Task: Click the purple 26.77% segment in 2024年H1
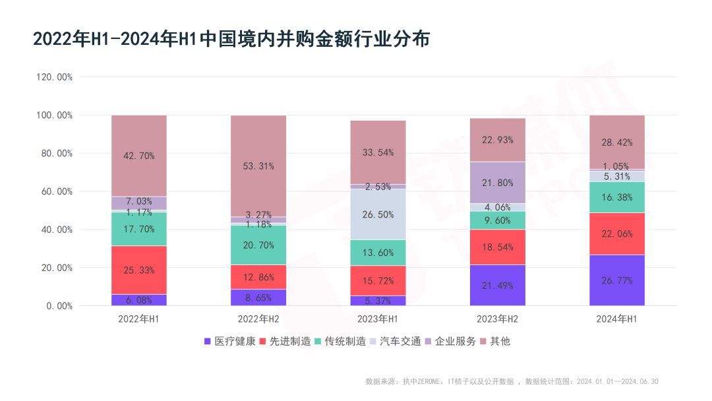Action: pos(616,280)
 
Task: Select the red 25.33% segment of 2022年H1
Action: pos(138,270)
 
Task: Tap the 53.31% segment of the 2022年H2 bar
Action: pos(258,166)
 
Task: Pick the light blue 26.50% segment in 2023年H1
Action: pos(378,214)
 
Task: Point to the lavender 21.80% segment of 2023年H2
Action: pos(497,183)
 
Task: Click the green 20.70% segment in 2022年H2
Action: pos(258,245)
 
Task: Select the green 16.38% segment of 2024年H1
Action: pos(616,197)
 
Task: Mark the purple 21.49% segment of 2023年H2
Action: pos(497,285)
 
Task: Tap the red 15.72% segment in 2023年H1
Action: pos(378,280)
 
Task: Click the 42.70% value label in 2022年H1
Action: pos(138,156)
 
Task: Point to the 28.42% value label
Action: pos(616,143)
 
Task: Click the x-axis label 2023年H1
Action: pos(378,319)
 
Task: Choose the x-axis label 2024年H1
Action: pos(616,319)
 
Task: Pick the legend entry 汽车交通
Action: pos(400,341)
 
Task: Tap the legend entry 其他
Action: pos(500,341)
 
